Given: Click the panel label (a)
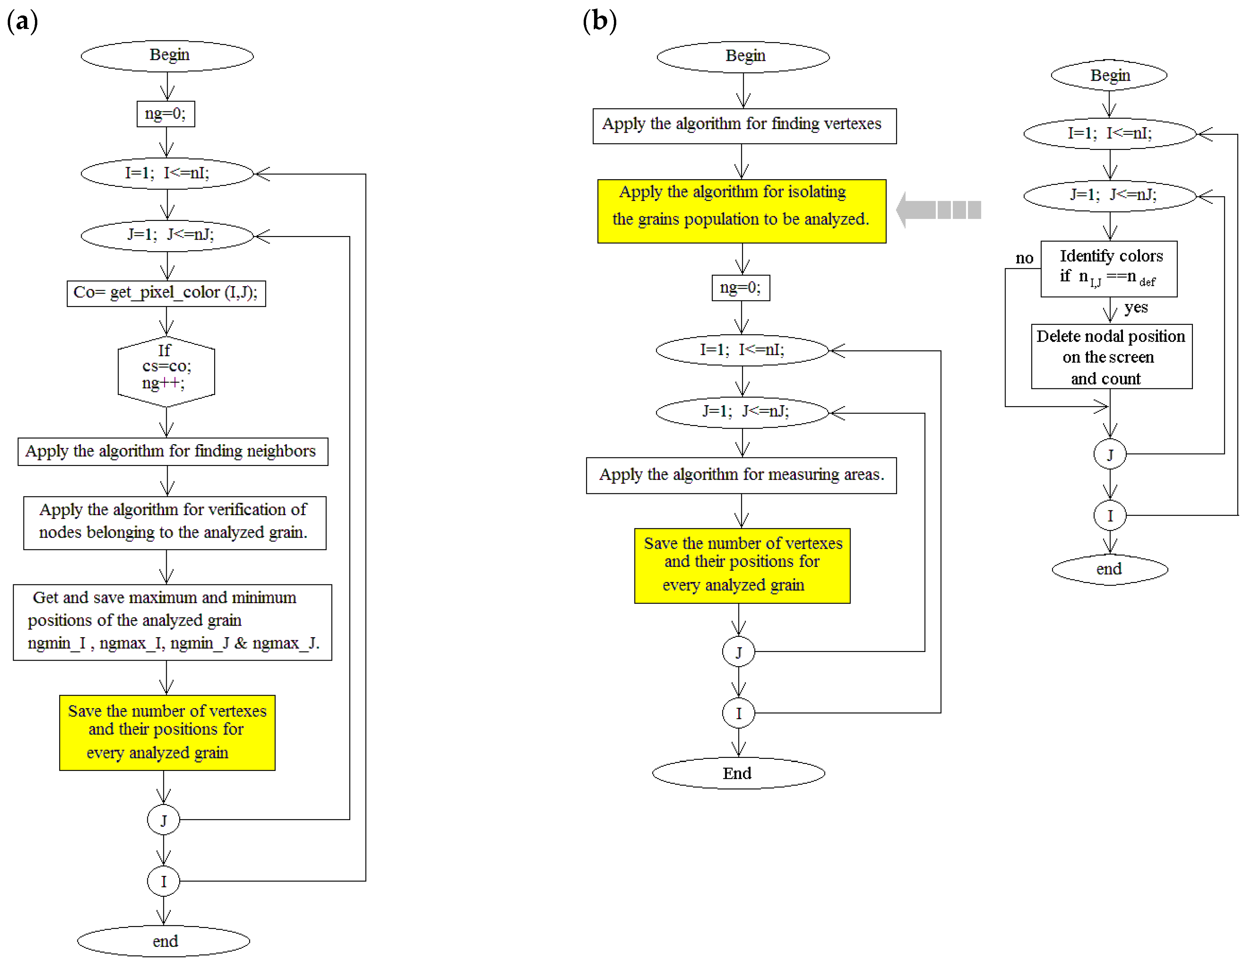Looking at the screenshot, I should click(22, 22).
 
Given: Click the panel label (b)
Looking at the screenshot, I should click(599, 22).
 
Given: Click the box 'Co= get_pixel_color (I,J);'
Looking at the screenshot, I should click(166, 293).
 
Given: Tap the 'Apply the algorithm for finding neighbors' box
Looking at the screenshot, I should click(172, 452).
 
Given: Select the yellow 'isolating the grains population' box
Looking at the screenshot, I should click(741, 211).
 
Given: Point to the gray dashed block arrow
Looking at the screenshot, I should click(938, 210).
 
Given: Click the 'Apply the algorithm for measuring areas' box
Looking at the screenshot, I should click(741, 475).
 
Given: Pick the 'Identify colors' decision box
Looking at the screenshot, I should click(1108, 269).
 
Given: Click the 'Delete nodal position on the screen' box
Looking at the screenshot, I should click(1111, 357).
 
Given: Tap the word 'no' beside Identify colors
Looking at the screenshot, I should click(1024, 259).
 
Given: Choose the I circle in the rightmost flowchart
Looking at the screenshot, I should click(1109, 515).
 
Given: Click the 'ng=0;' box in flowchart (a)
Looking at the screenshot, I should click(165, 114).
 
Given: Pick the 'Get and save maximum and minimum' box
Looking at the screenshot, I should click(172, 622).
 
